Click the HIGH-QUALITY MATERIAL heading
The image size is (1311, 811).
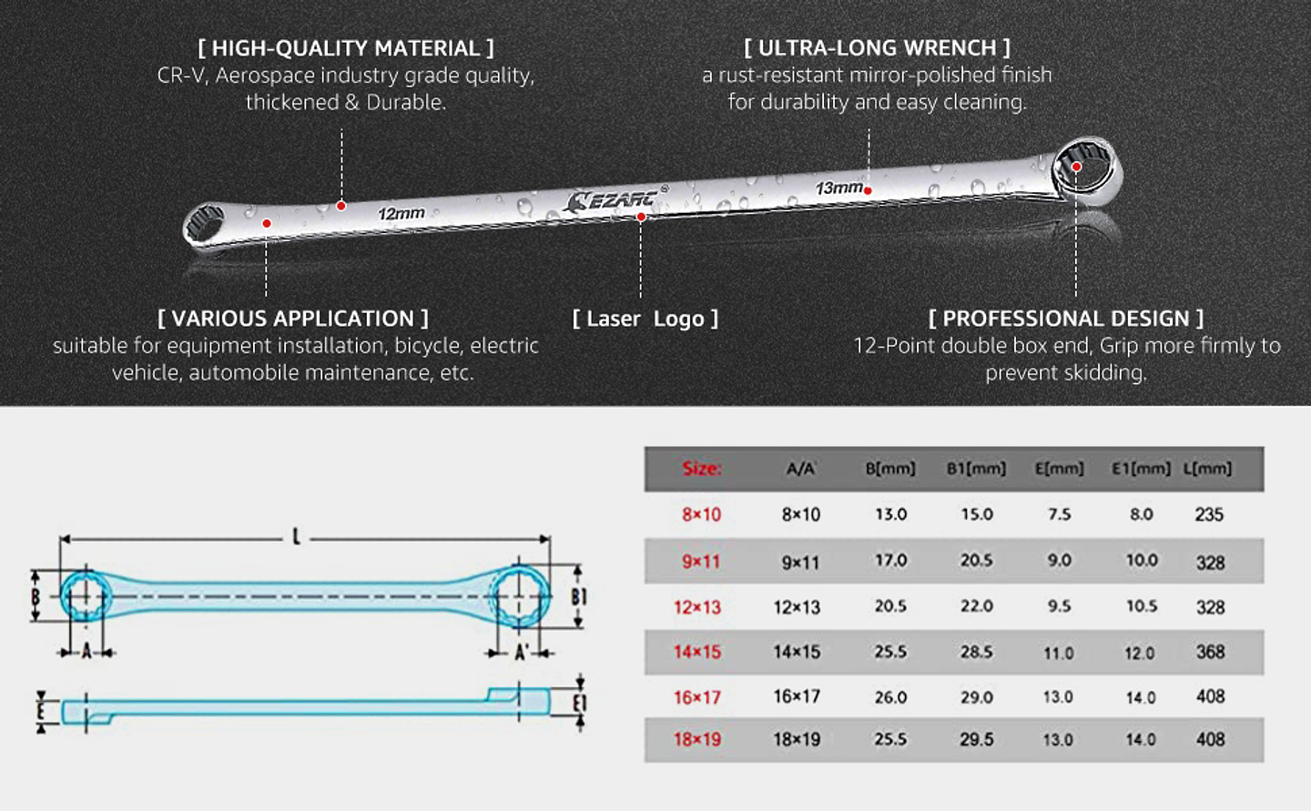[346, 48]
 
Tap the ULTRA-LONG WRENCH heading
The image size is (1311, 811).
[877, 48]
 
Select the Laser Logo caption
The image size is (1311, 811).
[645, 319]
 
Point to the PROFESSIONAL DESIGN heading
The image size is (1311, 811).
[1065, 319]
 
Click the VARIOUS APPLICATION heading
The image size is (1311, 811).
[292, 319]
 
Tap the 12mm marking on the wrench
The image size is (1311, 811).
[401, 213]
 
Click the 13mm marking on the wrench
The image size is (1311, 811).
[838, 188]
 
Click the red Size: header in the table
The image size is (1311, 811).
[701, 469]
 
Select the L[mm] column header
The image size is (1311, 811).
[1207, 469]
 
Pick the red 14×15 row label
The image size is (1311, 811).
[696, 652]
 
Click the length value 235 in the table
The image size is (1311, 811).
[1208, 514]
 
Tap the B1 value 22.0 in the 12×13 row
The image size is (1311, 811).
[976, 606]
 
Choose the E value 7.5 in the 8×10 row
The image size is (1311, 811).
[1059, 514]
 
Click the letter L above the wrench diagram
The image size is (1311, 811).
[296, 537]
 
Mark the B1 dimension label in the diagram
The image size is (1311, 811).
[579, 597]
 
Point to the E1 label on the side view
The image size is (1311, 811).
[580, 704]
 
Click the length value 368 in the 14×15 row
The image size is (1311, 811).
[1210, 652]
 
